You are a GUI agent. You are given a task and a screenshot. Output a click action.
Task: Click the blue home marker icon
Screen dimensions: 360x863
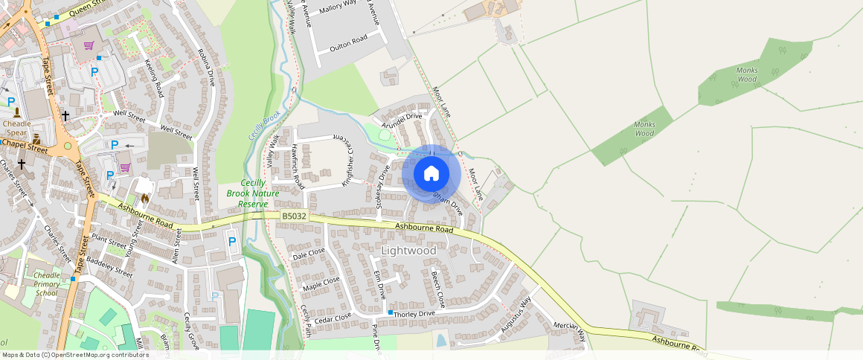(431, 173)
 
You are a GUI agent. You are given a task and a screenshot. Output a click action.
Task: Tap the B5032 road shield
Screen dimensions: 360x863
(294, 216)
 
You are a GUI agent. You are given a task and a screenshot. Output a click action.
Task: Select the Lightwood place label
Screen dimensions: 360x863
(408, 251)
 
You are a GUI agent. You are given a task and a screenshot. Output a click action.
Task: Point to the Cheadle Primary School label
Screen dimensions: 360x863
(47, 283)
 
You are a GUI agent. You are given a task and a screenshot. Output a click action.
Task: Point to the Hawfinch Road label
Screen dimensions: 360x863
(298, 165)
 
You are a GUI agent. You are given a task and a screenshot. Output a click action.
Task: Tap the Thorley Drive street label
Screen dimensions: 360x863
(414, 314)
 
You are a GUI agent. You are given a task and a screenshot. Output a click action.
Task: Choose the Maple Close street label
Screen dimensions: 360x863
(321, 283)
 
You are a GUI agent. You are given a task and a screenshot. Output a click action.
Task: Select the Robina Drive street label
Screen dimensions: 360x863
(206, 68)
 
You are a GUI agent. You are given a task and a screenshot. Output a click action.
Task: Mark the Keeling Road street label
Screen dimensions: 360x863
(154, 78)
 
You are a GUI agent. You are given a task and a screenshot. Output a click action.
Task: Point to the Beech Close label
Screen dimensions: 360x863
(437, 289)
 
